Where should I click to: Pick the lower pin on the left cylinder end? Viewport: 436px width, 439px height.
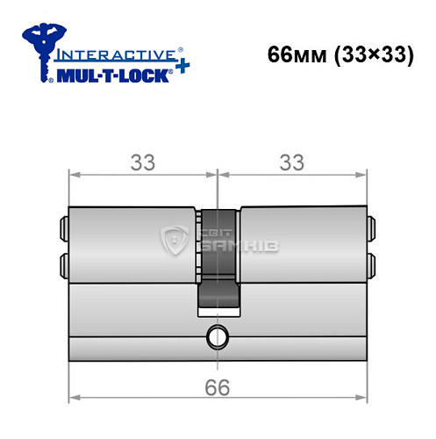[x=64, y=263]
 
